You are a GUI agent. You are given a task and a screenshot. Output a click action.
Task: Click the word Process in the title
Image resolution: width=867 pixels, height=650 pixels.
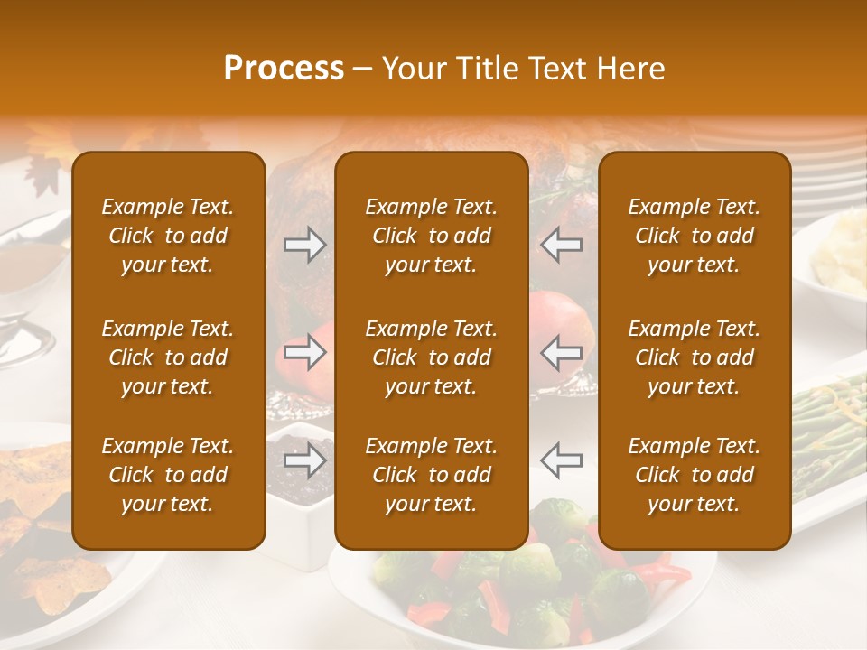coord(284,69)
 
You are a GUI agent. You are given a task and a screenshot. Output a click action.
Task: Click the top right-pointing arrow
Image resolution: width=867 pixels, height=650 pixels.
coord(304,245)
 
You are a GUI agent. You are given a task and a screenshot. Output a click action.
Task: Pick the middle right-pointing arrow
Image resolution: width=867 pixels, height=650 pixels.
coord(304,352)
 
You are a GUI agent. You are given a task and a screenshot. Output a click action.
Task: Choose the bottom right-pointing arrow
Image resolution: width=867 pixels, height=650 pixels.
coord(304,460)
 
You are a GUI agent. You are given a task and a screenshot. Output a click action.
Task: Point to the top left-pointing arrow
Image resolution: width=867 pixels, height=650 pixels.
coord(561,245)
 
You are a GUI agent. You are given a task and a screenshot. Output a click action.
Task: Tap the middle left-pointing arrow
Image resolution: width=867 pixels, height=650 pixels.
coord(561,352)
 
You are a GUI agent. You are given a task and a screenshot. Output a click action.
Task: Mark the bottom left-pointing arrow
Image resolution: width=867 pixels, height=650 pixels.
coord(561,460)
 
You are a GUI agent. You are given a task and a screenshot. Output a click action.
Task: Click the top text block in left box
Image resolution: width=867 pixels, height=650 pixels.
coord(168,236)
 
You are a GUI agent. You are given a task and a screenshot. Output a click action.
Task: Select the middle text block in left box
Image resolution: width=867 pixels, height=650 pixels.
coord(168,357)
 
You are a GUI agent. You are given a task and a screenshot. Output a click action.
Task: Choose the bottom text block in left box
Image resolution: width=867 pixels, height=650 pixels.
coord(168,475)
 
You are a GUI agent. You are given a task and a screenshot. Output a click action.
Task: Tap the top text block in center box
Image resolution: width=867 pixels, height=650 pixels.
coord(431,236)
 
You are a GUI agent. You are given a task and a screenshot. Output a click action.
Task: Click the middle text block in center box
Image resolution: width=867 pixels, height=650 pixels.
coord(431,357)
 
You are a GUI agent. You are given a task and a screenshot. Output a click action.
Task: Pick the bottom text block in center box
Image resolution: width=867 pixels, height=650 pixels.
coord(431,475)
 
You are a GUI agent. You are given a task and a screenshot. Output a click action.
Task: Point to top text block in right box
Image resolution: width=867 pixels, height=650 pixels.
coord(694,236)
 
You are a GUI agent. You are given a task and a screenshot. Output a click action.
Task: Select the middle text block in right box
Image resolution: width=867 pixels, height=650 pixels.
coord(694,357)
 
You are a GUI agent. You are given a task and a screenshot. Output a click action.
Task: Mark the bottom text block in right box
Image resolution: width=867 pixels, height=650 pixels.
coord(694,475)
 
